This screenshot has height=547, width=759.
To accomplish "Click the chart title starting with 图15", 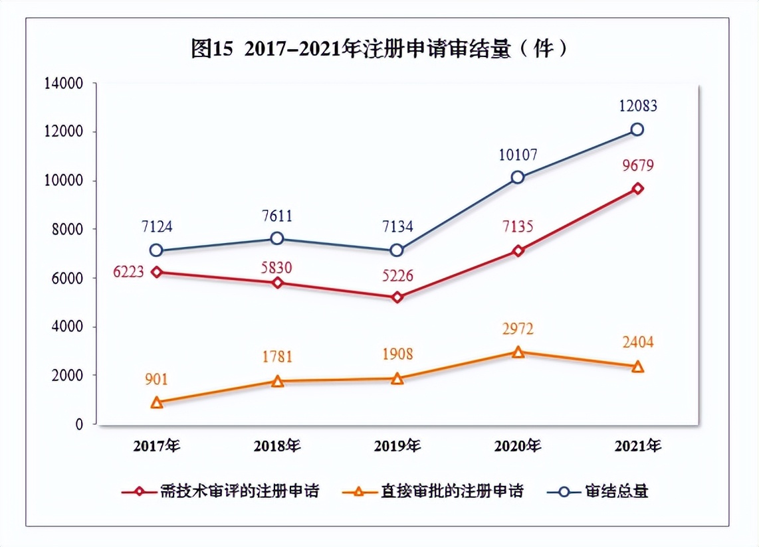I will [x=379, y=49].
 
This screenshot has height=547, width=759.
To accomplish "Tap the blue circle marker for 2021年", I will [x=637, y=129].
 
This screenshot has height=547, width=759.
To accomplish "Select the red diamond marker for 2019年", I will [x=397, y=297].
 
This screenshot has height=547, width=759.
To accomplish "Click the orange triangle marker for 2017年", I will [x=157, y=402].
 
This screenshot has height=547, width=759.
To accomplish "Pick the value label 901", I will [x=157, y=380].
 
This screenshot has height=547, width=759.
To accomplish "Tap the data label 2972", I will [x=517, y=329].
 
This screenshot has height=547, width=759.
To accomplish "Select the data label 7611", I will [x=277, y=216].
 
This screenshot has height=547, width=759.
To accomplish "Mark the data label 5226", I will [x=397, y=275].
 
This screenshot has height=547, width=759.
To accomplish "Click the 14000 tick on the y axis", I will [x=63, y=84].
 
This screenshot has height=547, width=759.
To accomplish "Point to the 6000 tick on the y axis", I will [x=67, y=278].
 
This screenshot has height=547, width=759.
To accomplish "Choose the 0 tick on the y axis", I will [x=78, y=424].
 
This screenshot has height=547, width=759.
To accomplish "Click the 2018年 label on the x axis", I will [x=277, y=445].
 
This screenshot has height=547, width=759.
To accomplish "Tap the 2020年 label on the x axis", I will [x=517, y=445].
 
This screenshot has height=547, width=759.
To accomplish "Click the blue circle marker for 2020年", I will [x=517, y=177].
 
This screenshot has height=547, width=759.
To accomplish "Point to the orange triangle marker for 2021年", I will [x=637, y=366].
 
